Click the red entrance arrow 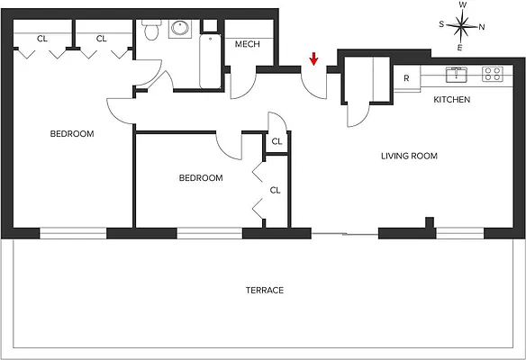[x=313, y=59]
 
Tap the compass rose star [x=461, y=26]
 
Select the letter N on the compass [x=482, y=26]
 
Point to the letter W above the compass [x=462, y=5]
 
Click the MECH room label [x=248, y=44]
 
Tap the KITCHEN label [x=451, y=99]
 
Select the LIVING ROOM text [x=409, y=156]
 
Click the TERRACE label [x=265, y=290]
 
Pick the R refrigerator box [x=407, y=77]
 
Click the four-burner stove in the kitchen [x=492, y=74]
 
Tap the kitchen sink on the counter [x=457, y=74]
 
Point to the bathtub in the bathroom [x=211, y=61]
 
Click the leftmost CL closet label [x=42, y=39]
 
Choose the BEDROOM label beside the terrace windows [x=200, y=178]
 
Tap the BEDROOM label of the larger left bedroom [x=71, y=134]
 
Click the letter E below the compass [x=461, y=47]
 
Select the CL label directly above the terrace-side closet [x=277, y=141]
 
